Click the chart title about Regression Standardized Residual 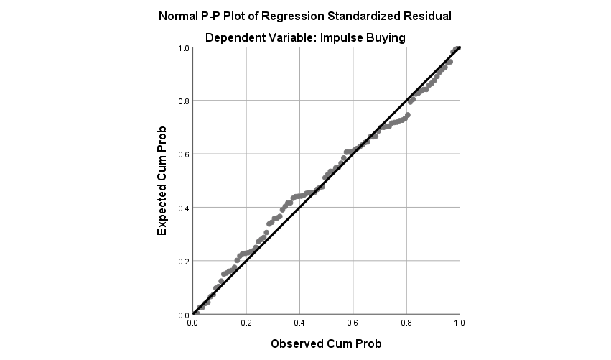point(305,16)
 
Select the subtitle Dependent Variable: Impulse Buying point(305,38)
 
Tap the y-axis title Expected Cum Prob point(162,180)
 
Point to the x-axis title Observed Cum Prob point(325,343)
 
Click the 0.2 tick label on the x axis point(246,324)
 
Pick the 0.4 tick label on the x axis point(299,324)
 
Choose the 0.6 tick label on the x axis point(353,324)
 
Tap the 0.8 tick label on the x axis point(406,324)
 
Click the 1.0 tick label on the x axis point(459,324)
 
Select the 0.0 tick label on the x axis point(192,324)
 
